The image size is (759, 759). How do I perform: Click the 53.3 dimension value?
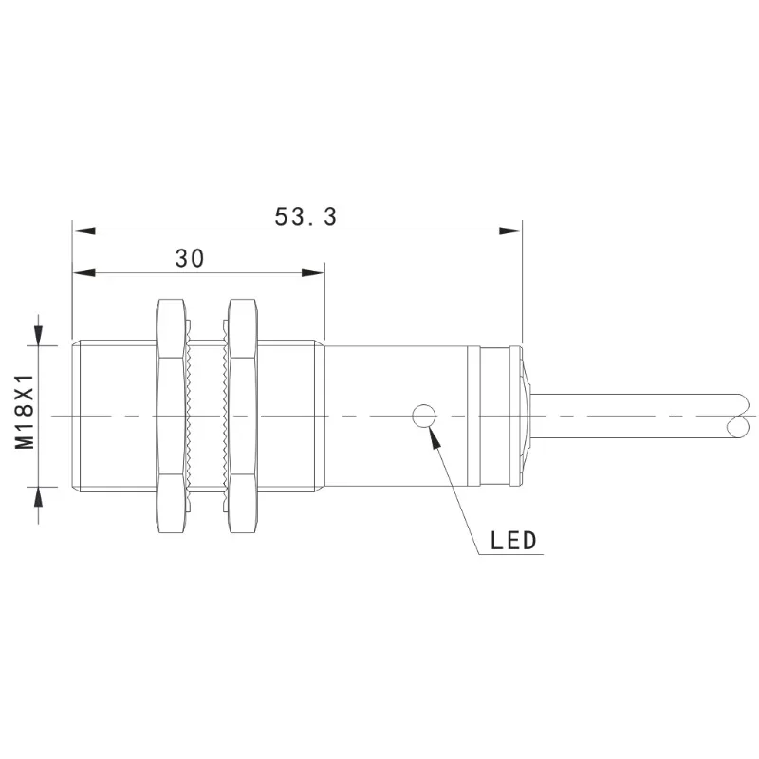305,216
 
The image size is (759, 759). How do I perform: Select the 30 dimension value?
189,258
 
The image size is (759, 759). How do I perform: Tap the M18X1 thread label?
25,412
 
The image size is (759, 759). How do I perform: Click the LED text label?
513,540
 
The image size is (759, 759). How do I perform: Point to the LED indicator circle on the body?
423,417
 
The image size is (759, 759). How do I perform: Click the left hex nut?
171,416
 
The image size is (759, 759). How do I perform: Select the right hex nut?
243,416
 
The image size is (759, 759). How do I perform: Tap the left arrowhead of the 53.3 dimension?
83,231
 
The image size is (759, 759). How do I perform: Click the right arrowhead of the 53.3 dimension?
510,231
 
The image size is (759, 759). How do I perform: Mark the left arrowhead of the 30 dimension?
83,273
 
